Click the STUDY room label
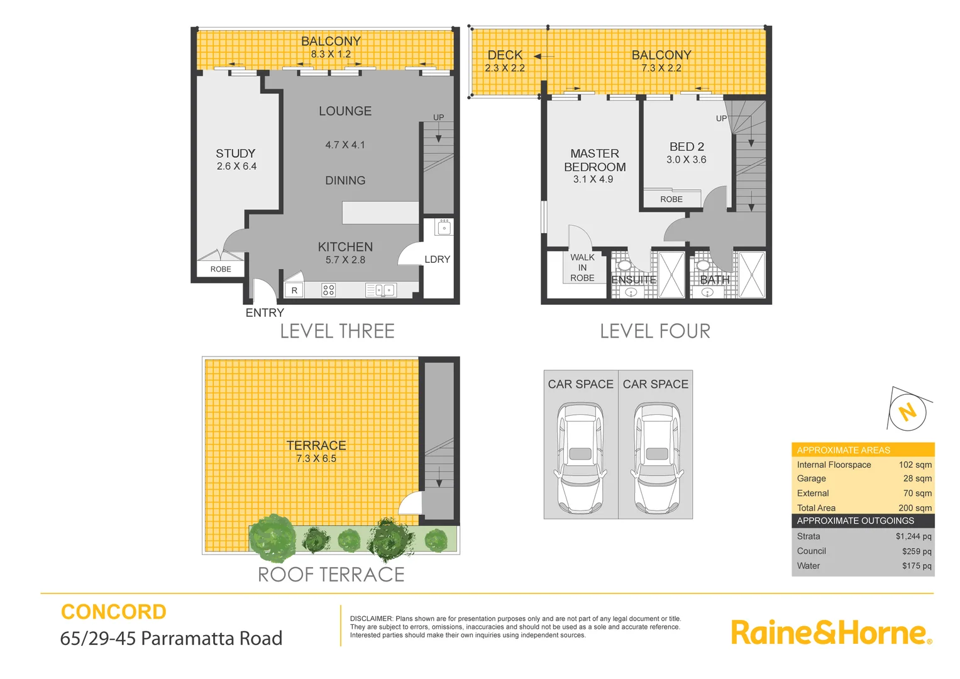tap(236, 153)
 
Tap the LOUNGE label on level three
tap(345, 111)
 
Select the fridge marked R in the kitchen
tap(294, 290)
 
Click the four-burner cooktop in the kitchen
tap(328, 290)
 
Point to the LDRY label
tap(437, 259)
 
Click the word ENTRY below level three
tap(265, 312)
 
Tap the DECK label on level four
tap(505, 55)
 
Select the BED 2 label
tap(687, 146)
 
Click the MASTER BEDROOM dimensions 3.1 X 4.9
tap(593, 179)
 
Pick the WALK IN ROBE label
tap(582, 267)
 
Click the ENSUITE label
tap(634, 279)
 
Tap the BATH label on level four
tap(715, 279)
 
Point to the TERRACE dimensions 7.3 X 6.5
tap(316, 459)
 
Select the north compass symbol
tap(907, 412)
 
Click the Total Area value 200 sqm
tap(915, 508)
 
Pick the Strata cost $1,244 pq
tap(913, 536)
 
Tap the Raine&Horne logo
tap(830, 632)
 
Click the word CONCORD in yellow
tap(114, 612)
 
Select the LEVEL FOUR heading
tap(655, 331)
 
